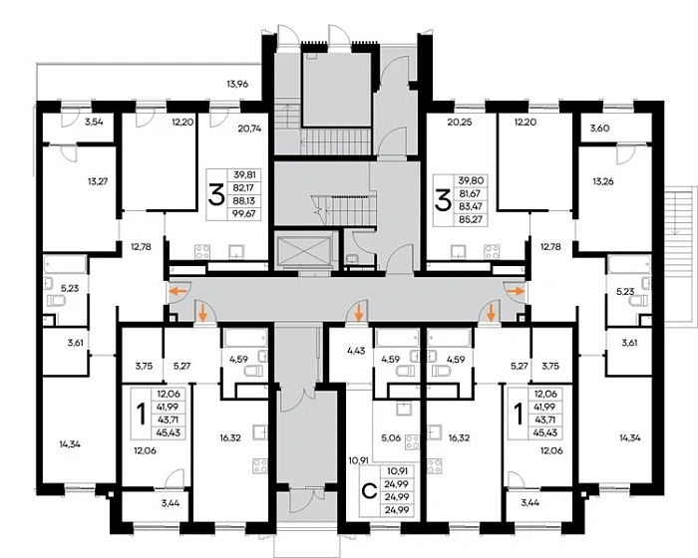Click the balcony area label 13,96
coord(237,84)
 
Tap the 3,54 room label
coord(94,121)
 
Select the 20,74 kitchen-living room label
coord(249,129)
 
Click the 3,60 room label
coord(599,129)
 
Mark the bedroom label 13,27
coord(98,181)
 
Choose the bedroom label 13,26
coord(603,181)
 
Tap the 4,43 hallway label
coord(356,351)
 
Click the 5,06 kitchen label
coord(391,437)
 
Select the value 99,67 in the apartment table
coord(244,213)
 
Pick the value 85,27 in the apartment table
coord(472,219)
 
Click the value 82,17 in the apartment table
coord(244,187)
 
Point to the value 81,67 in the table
coord(472,194)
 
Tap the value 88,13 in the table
coord(244,200)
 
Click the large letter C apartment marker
coord(369,491)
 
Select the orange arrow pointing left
coord(178,292)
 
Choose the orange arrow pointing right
coord(517,291)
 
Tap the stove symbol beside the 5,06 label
coord(412,442)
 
